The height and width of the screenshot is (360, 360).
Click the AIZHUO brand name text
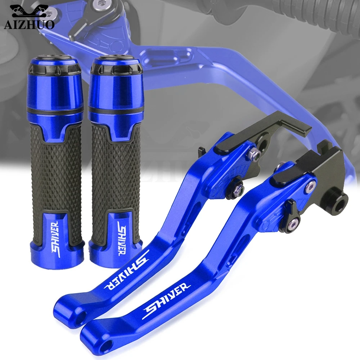coord(29,24)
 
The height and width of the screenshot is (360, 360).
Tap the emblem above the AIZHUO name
coord(30,12)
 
